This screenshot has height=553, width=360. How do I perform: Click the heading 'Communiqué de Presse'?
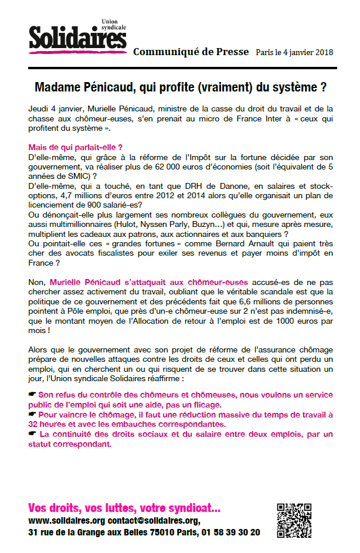(191, 52)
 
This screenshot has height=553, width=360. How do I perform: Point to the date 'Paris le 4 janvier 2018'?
(294, 52)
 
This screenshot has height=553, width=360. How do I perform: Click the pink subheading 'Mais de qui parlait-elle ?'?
(75, 147)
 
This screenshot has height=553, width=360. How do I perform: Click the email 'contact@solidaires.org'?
(154, 521)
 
